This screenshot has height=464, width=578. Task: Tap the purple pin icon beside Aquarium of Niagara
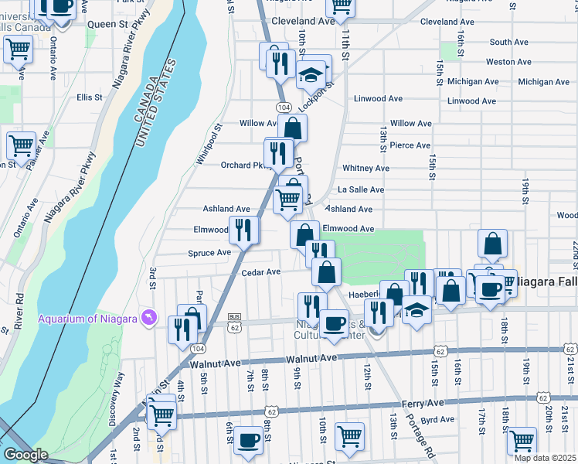(149, 318)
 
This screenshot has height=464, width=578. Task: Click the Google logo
(25, 455)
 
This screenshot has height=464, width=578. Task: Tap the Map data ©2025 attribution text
(546, 458)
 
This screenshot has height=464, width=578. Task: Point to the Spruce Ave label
(209, 253)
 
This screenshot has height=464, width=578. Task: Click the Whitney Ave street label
(366, 168)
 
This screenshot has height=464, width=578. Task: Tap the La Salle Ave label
(361, 189)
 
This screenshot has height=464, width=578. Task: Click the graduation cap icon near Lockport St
(311, 75)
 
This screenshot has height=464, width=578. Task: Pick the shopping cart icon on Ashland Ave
(288, 200)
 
